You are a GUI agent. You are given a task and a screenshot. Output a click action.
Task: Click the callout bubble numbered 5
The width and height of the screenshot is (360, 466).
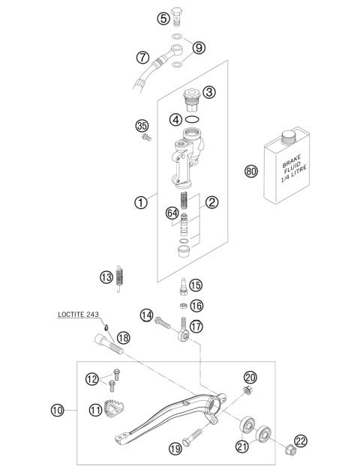[x=163, y=18]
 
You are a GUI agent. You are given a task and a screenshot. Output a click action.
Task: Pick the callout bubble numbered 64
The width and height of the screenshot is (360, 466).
[x=172, y=213]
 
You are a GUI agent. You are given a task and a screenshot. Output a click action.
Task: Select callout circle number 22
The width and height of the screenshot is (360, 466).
[x=301, y=441]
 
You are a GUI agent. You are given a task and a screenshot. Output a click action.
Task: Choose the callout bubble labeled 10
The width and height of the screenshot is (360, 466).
[x=57, y=410]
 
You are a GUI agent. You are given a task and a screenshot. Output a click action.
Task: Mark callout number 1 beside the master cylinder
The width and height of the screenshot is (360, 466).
[x=139, y=201]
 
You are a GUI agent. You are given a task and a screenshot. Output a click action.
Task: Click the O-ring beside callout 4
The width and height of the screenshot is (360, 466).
[x=193, y=119]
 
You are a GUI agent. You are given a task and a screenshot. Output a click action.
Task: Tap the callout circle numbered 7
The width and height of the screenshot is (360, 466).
[x=142, y=56]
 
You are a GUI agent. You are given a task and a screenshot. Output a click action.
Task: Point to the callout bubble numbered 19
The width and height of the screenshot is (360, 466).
[x=175, y=449]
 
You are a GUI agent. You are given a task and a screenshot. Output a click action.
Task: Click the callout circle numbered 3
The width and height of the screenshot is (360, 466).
[x=208, y=93]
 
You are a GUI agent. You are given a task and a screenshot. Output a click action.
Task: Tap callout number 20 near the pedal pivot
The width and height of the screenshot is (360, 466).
[x=250, y=377]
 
